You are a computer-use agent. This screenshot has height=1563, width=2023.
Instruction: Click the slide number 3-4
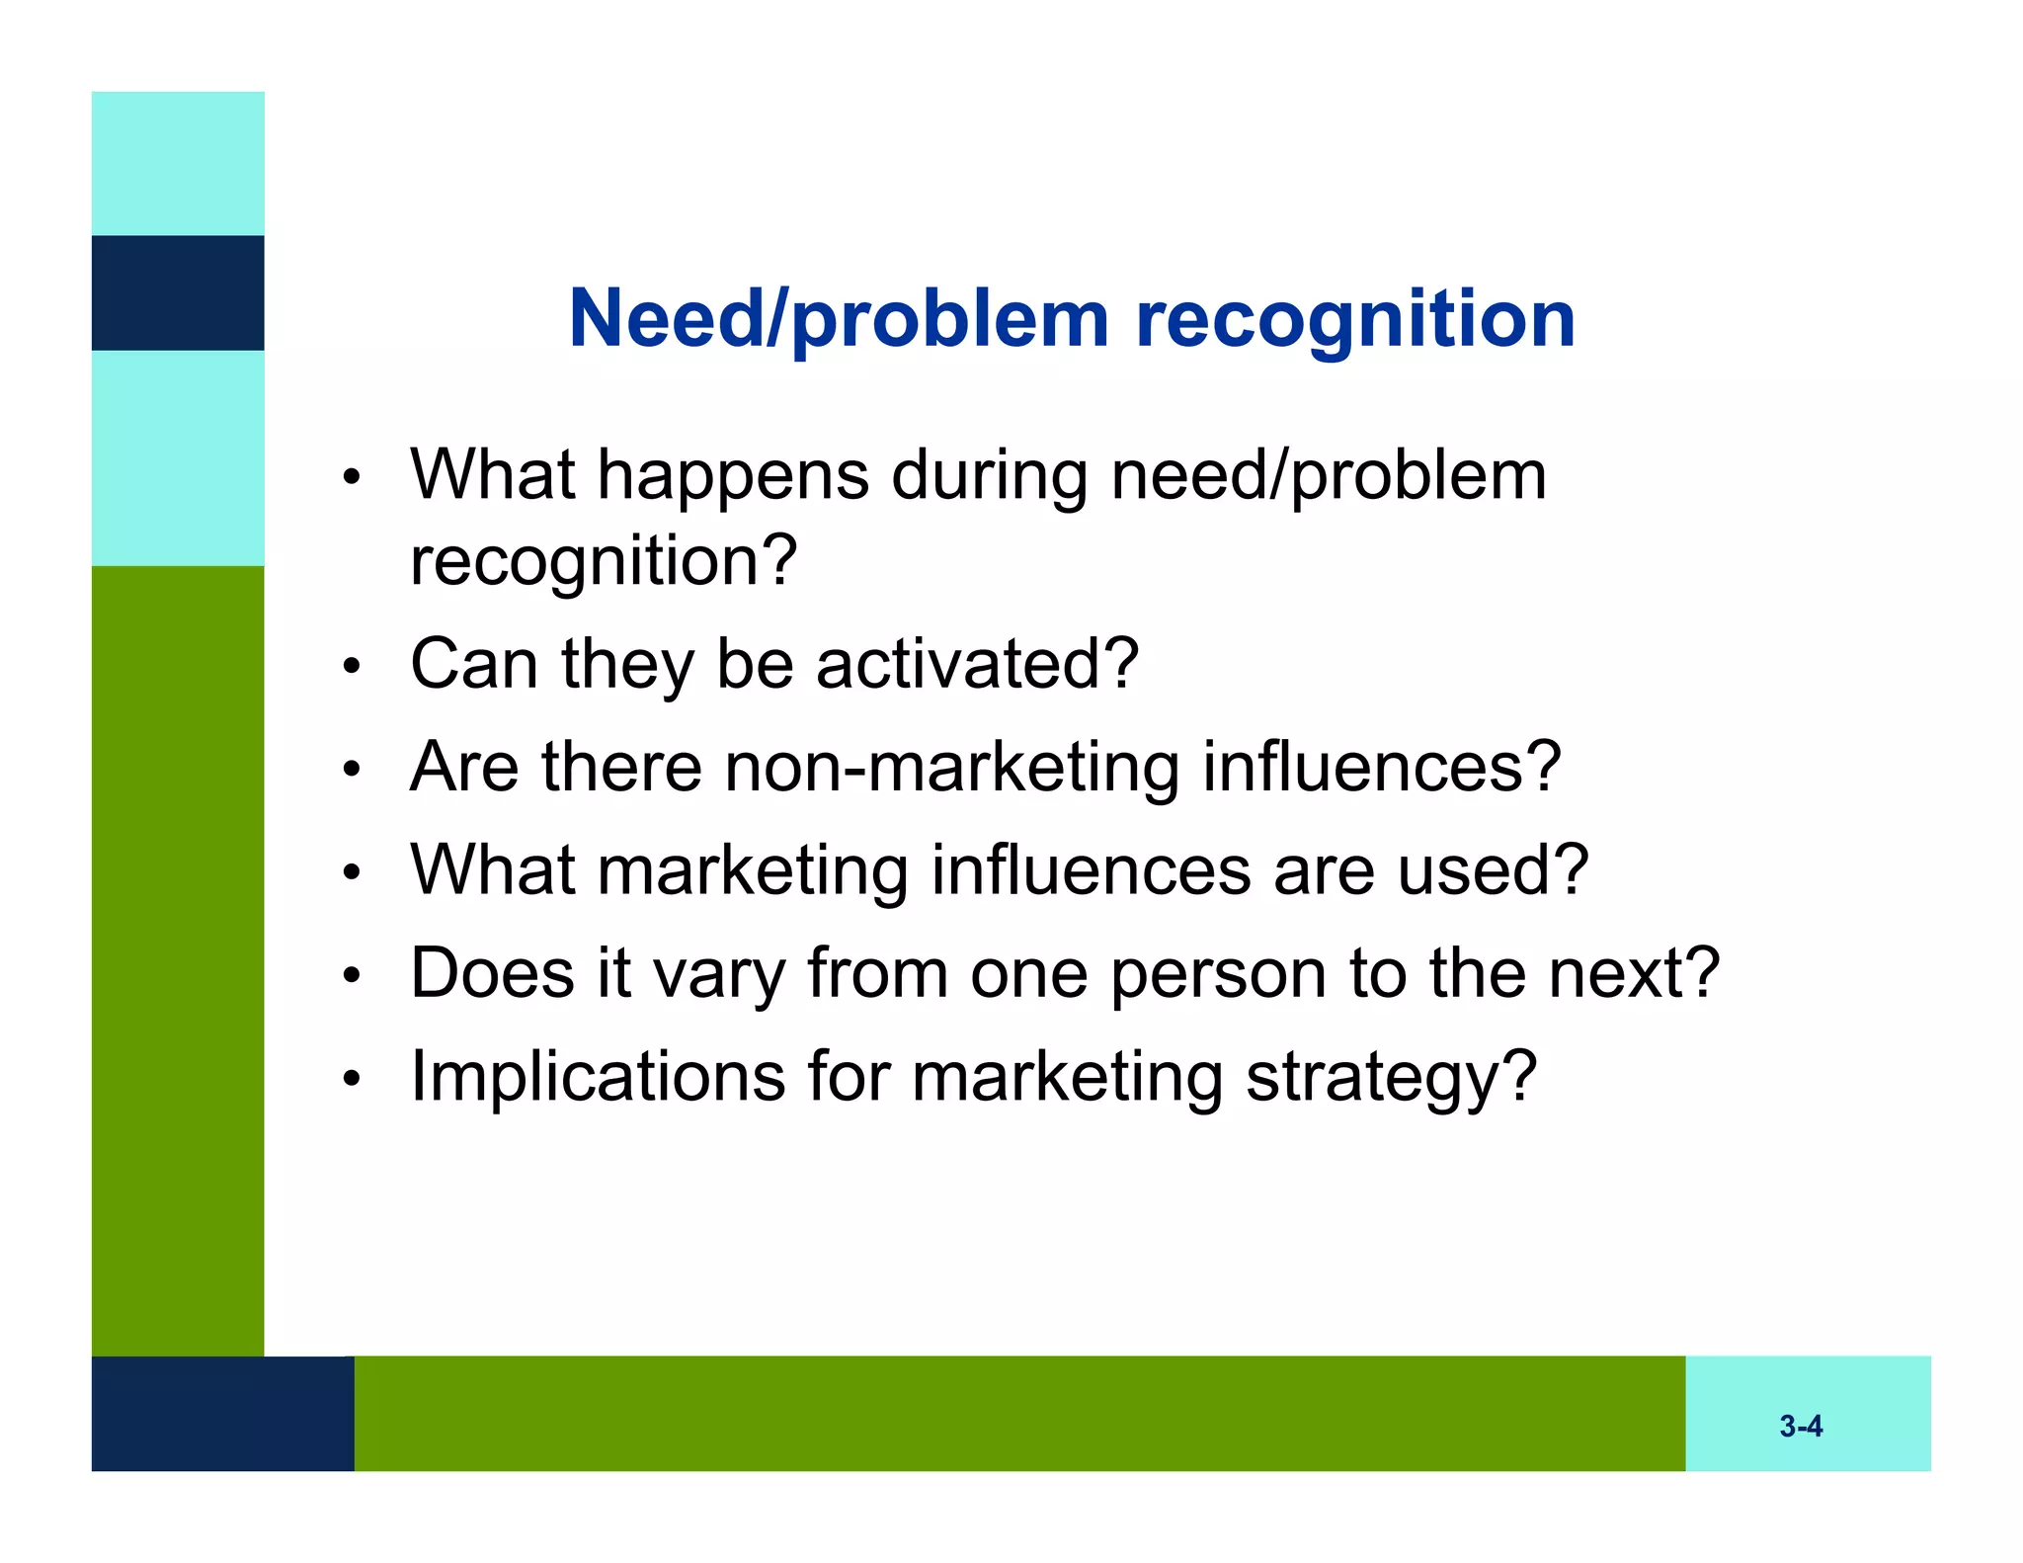click(1801, 1426)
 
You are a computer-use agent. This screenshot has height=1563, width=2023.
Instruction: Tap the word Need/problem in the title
click(839, 321)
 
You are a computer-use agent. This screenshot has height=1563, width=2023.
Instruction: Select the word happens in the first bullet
click(733, 477)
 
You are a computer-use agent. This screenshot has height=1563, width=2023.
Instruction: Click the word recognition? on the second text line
click(604, 561)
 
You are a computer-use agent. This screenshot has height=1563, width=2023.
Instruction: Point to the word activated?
click(977, 664)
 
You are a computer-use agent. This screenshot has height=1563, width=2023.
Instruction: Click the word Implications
click(598, 1077)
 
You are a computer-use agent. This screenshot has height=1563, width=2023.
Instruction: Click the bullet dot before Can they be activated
click(352, 667)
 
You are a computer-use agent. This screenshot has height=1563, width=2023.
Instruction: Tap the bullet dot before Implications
click(352, 1079)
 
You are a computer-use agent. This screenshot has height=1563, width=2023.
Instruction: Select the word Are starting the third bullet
click(463, 768)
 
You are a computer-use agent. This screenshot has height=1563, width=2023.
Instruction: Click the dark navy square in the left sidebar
click(178, 292)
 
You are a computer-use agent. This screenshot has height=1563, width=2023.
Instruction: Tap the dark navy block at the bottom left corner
click(222, 1413)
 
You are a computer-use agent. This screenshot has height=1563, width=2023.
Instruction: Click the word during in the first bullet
click(990, 477)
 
